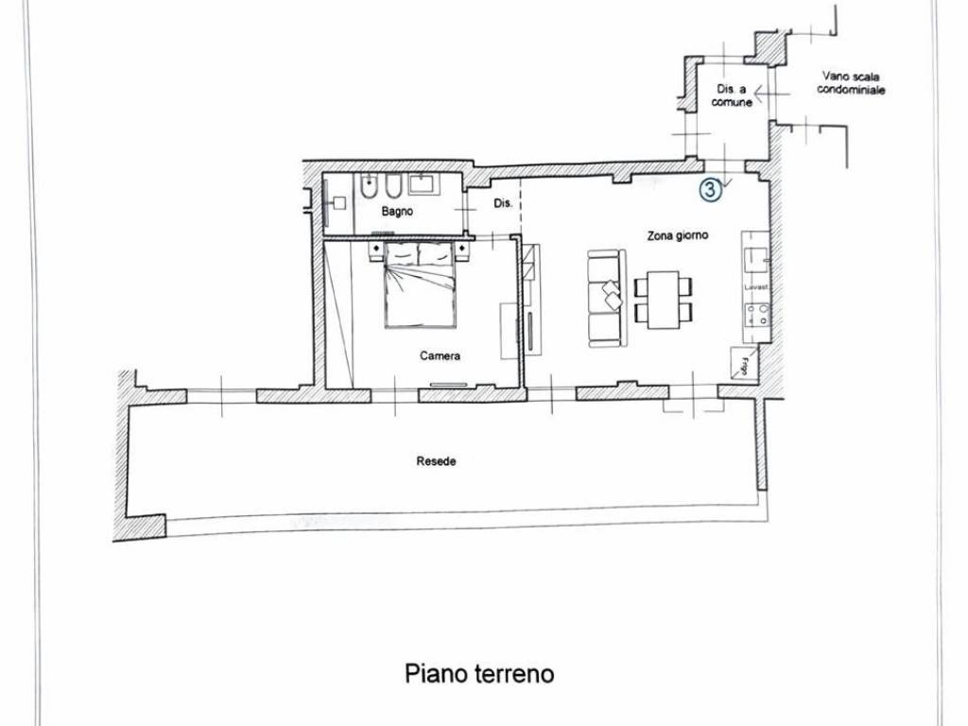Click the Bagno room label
click(397, 212)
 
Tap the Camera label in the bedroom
click(441, 356)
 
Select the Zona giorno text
click(678, 236)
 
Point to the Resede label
click(437, 462)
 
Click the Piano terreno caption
click(479, 674)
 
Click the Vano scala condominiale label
click(853, 86)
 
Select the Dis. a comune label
click(733, 95)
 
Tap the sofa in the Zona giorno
click(606, 298)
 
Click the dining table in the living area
click(664, 299)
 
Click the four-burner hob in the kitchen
click(757, 314)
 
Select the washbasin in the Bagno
click(421, 184)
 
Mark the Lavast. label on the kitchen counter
click(756, 286)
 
